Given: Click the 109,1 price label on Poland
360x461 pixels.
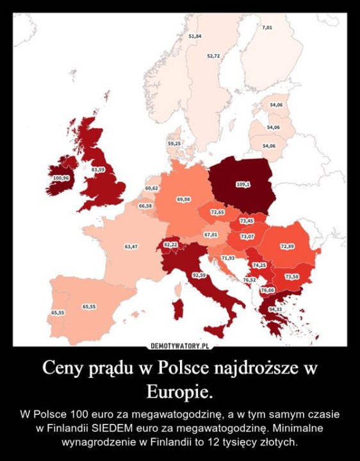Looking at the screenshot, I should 243,184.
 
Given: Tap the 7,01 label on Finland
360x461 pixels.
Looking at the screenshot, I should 267,28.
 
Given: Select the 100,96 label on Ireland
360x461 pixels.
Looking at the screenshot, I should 61,177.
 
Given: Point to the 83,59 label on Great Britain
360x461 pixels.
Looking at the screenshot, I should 98,169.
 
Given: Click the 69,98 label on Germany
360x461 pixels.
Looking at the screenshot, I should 183,200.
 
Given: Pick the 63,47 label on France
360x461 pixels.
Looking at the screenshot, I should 131,246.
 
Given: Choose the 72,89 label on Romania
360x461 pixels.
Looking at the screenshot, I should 287,247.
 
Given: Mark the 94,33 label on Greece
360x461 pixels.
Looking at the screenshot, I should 275,309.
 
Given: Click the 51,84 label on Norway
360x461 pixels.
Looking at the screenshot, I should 195,36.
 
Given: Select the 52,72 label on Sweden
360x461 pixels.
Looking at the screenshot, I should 214,56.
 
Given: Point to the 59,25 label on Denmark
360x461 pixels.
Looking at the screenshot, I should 174,144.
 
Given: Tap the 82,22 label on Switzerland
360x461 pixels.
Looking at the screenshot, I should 170,245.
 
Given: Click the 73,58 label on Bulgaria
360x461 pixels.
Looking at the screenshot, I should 291,277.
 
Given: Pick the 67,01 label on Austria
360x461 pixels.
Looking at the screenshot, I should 211,235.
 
